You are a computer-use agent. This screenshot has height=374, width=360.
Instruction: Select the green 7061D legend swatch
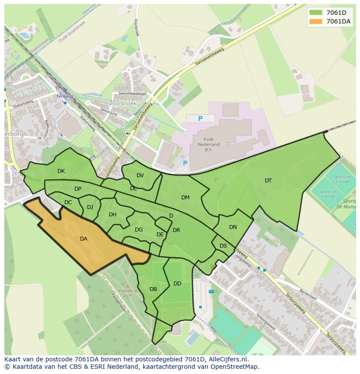tap(316, 13)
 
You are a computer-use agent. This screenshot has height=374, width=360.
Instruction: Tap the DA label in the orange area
tap(83, 239)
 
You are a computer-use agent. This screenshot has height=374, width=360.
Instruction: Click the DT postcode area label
tap(268, 181)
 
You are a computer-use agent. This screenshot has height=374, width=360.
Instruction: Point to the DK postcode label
tap(61, 171)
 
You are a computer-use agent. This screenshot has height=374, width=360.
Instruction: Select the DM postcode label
tap(185, 198)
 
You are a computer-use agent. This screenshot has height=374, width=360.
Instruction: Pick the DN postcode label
tap(233, 227)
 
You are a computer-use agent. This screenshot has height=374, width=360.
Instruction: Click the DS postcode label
tap(223, 246)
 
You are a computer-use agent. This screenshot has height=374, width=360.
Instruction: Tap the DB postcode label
tap(153, 289)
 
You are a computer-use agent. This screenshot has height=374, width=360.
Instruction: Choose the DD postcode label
tap(177, 284)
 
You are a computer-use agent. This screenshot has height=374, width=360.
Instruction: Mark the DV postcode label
tap(140, 175)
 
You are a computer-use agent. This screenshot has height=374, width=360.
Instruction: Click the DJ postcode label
tap(90, 207)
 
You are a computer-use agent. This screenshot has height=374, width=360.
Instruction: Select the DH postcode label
tap(113, 215)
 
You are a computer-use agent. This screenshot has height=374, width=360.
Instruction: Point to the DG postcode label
tap(139, 230)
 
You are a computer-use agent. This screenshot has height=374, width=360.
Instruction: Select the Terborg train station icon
tap(65, 91)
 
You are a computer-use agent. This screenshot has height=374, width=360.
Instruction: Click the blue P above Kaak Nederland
tap(200, 119)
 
